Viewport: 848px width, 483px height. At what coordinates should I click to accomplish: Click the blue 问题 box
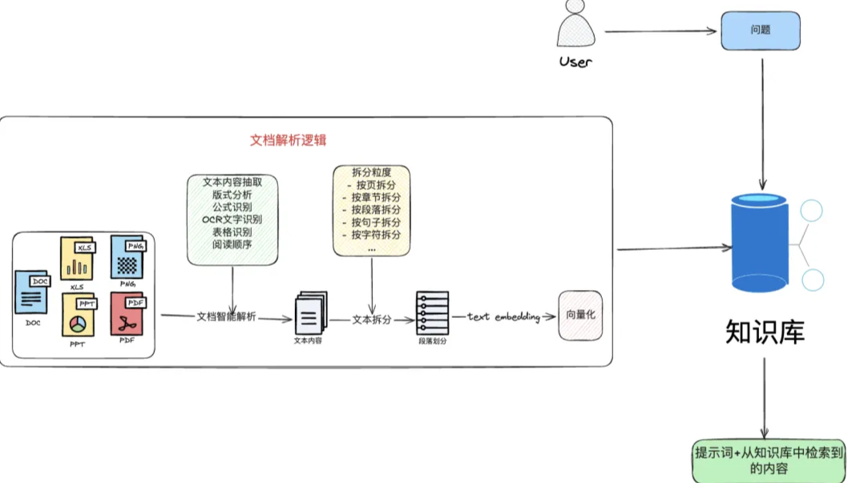[761, 30]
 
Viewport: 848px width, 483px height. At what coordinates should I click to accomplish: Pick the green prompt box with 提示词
[768, 461]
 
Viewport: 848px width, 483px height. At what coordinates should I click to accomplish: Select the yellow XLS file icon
[77, 258]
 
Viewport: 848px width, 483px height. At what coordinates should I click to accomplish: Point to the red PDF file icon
[127, 314]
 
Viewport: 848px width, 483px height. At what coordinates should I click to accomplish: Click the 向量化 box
[580, 316]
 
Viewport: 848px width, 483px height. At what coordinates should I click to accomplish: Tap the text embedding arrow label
[504, 316]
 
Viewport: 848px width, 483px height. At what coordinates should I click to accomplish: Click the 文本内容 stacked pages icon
[310, 315]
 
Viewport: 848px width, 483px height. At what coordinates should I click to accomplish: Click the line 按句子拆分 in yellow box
[371, 221]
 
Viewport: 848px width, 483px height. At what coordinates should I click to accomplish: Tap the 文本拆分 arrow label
[372, 319]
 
